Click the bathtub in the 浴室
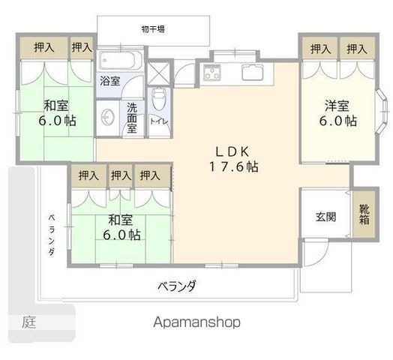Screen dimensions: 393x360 coord(121,60)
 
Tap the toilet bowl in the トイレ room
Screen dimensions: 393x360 coord(159,99)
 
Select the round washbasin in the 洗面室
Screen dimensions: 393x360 coord(108,117)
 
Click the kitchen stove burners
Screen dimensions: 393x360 coord(212,72)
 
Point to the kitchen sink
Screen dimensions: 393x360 coord(253,72)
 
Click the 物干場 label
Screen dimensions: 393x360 coord(153,29)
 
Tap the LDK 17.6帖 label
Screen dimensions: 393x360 coord(233,159)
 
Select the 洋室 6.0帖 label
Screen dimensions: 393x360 coord(337,113)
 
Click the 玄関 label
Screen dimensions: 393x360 coord(325,217)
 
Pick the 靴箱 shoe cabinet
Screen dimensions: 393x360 coord(364,214)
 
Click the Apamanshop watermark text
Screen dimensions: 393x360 coord(196,322)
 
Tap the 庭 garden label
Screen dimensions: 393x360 coord(28,322)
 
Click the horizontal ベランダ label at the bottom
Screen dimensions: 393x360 coord(177,286)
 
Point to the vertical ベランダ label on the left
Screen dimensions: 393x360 coord(52,235)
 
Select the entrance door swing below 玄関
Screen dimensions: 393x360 coord(316,253)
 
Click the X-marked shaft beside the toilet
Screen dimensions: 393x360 coord(159,73)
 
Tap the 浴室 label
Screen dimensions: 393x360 coord(110,81)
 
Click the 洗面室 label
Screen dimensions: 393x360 coord(132,118)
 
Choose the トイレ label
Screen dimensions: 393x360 coord(159,121)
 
